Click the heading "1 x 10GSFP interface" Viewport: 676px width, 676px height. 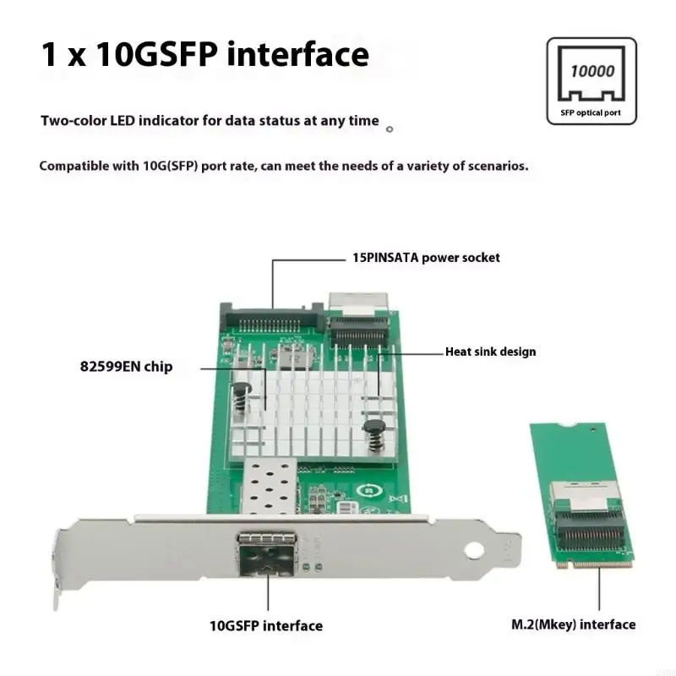pos(204,55)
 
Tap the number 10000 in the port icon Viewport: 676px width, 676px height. pos(591,72)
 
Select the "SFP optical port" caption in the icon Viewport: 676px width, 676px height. pos(591,112)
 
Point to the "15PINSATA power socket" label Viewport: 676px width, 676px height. pos(426,257)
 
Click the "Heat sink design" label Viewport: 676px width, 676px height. pos(490,352)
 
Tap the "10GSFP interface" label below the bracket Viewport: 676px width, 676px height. pos(265,626)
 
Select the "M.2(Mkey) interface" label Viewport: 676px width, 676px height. pos(574,624)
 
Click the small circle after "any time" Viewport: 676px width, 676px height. pos(389,129)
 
